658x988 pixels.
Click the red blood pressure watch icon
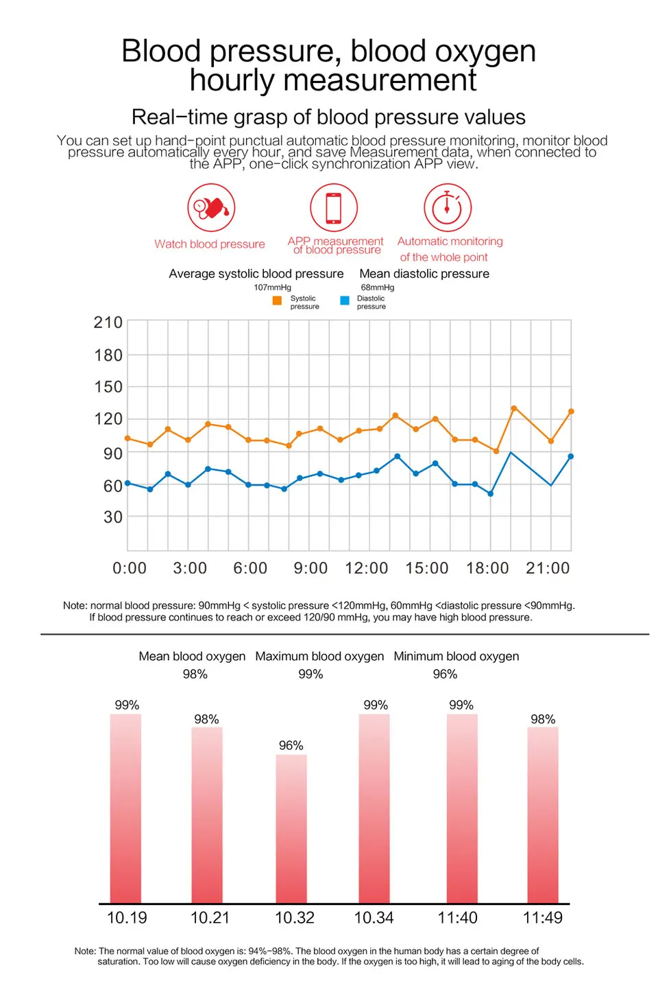point(211,207)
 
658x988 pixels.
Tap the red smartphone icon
point(334,207)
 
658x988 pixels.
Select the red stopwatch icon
point(448,207)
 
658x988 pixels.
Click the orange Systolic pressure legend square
point(277,301)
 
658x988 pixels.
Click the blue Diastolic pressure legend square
point(345,301)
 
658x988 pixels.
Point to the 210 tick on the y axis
point(108,322)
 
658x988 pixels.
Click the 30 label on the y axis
point(113,517)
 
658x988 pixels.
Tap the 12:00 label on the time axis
point(366,567)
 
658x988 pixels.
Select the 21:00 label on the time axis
point(548,567)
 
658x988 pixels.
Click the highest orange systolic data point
point(513,408)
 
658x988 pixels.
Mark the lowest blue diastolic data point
point(491,493)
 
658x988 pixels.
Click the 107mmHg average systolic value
point(272,287)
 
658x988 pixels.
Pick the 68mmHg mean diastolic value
point(377,287)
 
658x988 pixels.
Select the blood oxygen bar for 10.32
point(291,829)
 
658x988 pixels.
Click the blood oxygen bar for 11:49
point(543,815)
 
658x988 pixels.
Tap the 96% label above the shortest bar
point(291,745)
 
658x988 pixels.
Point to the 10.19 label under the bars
point(127,918)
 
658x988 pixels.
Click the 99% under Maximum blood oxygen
point(310,674)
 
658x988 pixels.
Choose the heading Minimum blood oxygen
point(456,657)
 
